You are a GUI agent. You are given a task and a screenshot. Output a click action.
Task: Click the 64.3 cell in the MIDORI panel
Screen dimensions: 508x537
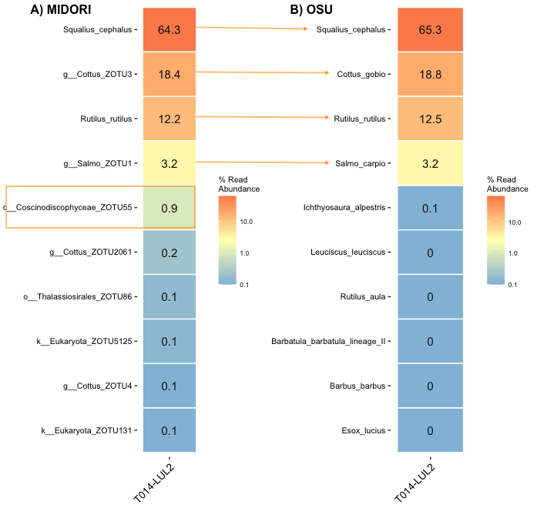[x=169, y=30]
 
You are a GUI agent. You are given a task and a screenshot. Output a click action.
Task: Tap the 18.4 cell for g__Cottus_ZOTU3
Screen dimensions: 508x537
[x=169, y=75]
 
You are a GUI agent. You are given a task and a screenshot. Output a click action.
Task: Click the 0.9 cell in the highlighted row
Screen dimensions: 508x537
[x=169, y=208]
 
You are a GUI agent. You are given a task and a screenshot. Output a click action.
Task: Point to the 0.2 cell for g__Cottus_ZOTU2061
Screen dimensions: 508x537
[x=169, y=252]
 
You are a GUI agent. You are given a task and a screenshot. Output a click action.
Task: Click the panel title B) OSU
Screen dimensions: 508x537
[x=317, y=10]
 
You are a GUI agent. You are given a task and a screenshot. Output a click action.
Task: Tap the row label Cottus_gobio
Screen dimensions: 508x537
[x=361, y=75]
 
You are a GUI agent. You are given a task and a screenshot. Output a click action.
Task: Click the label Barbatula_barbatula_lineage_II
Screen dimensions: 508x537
[x=328, y=342]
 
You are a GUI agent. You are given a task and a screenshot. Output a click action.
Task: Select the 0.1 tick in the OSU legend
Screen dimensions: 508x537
[x=512, y=285]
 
